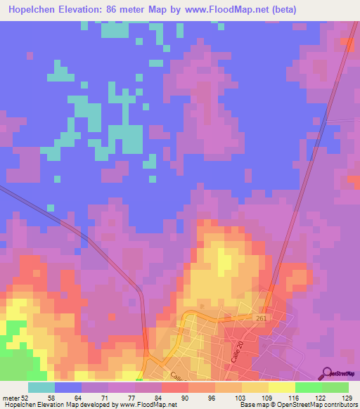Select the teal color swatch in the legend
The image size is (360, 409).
(x=41, y=387)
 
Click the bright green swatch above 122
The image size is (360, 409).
(x=308, y=387)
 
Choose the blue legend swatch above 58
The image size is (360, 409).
(x=67, y=387)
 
